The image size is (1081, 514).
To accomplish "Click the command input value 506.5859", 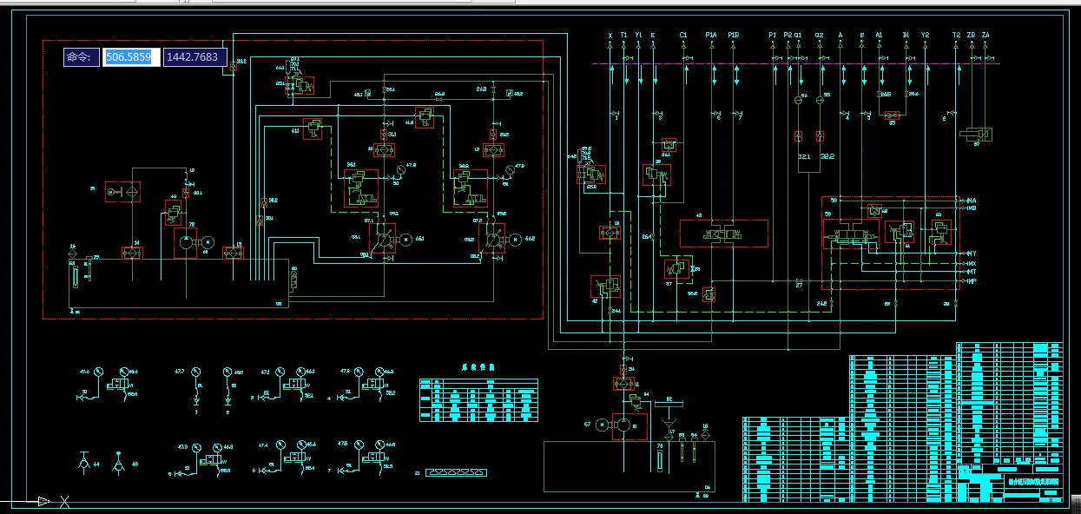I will pyautogui.click(x=129, y=57).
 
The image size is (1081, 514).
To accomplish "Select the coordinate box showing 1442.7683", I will pyautogui.click(x=195, y=57).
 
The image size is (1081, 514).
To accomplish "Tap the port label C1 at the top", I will pyautogui.click(x=683, y=36).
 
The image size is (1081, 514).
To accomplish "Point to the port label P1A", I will pyautogui.click(x=711, y=36).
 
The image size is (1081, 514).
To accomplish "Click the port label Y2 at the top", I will pyautogui.click(x=925, y=36).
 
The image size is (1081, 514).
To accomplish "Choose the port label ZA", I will pyautogui.click(x=985, y=36).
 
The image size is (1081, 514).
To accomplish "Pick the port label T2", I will pyautogui.click(x=956, y=36).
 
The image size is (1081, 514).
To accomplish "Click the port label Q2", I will pyautogui.click(x=819, y=36).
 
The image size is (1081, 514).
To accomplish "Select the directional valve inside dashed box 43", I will pyautogui.click(x=723, y=234).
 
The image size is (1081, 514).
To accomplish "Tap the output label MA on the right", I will pyautogui.click(x=972, y=201).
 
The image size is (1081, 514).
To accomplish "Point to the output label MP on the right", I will pyautogui.click(x=972, y=280).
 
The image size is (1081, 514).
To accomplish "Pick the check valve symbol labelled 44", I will pyautogui.click(x=84, y=459).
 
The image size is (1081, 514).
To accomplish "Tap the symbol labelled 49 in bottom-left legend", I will pyautogui.click(x=122, y=459).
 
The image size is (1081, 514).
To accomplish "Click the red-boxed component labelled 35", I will pyautogui.click(x=892, y=114).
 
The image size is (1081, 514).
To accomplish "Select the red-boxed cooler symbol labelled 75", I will pyautogui.click(x=122, y=191).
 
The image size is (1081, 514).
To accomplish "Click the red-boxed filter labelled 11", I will pyautogui.click(x=621, y=383).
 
